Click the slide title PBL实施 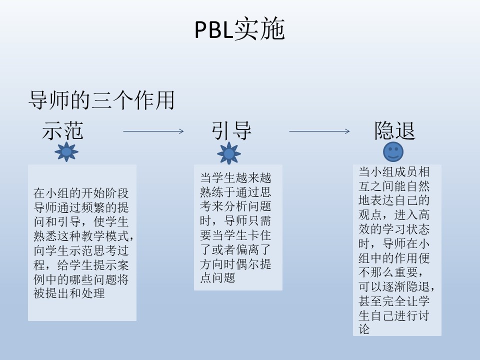click(239, 29)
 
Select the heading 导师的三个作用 click(101, 100)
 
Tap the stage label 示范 click(63, 130)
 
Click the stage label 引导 click(231, 130)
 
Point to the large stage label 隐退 click(395, 130)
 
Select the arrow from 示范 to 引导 click(153, 131)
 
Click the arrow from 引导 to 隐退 click(319, 131)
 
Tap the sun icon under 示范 click(66, 151)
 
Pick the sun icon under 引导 click(229, 153)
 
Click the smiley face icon click(393, 151)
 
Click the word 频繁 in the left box click(93, 207)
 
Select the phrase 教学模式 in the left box click(105, 236)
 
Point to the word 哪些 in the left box click(81, 279)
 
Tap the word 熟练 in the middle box click(212, 192)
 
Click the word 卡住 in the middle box click(259, 235)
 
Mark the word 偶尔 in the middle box click(247, 264)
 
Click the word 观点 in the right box click(370, 214)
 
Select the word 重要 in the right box click(406, 272)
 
